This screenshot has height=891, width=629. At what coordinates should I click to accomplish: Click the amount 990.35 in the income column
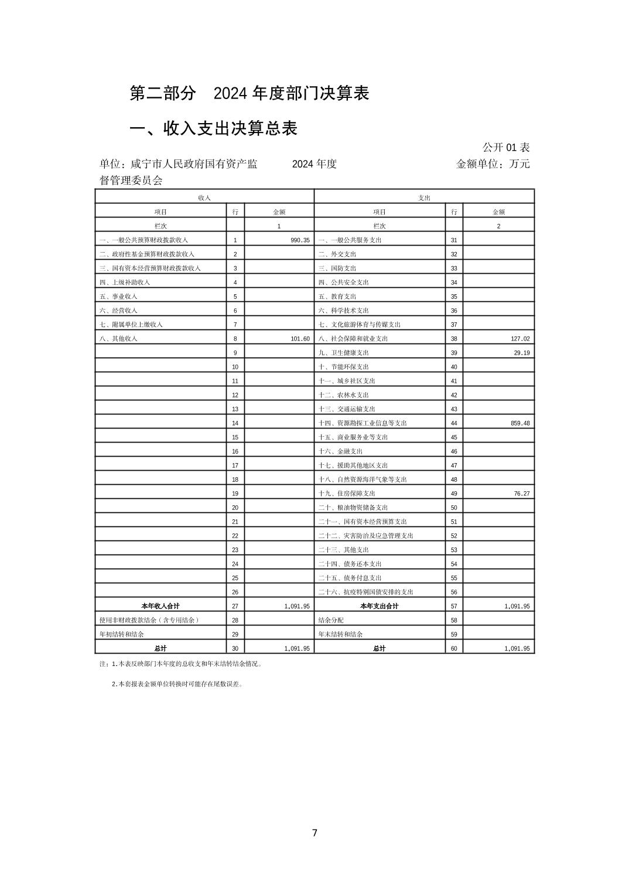(x=300, y=240)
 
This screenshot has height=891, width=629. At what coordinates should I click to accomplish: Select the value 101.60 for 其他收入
(x=300, y=339)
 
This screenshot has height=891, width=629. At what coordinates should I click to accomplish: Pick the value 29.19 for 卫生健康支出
(x=522, y=353)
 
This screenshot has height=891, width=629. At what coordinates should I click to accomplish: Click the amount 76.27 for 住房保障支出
(x=522, y=494)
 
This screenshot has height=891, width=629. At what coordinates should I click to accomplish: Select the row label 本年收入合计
(x=160, y=606)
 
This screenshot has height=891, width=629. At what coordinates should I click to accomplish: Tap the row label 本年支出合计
(x=379, y=606)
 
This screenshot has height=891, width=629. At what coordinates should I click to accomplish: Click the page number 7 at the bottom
(x=314, y=833)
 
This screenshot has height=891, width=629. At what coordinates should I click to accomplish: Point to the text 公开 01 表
(x=506, y=147)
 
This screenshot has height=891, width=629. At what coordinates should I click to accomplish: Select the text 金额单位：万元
(x=493, y=164)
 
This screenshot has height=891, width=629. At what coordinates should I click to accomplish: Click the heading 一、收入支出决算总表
(x=213, y=128)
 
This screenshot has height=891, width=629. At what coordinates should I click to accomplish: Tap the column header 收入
(x=204, y=198)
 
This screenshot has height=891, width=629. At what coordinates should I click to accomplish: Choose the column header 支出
(x=424, y=198)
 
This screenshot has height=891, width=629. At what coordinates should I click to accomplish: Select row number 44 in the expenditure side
(x=454, y=423)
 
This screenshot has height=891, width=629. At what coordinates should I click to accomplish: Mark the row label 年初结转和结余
(x=122, y=634)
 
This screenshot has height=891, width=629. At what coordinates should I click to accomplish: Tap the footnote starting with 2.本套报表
(x=177, y=683)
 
